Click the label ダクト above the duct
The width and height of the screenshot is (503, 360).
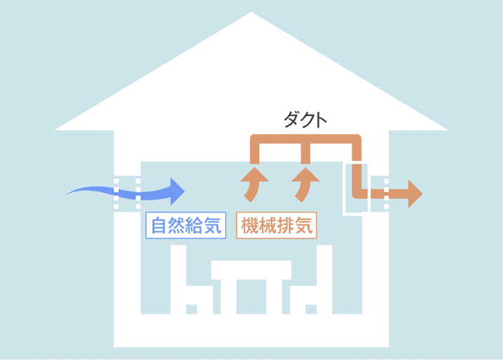point(305,120)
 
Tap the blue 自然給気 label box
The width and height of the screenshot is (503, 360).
point(185,225)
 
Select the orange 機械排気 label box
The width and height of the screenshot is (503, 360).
point(276,225)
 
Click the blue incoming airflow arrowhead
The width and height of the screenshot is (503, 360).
point(178,191)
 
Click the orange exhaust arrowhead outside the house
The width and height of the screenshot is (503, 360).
point(415,193)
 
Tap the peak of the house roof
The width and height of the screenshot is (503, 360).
point(251,13)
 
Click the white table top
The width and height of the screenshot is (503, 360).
point(251,270)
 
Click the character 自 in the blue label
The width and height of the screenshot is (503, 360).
point(159,226)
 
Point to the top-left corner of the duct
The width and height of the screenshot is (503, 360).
point(254,139)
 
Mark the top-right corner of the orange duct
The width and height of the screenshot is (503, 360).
point(357,139)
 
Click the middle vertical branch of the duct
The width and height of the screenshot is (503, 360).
point(306,153)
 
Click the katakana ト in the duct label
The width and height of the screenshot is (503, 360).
point(321,120)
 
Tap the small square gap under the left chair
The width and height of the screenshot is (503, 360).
point(192,309)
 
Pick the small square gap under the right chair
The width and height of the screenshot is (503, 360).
point(311,309)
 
